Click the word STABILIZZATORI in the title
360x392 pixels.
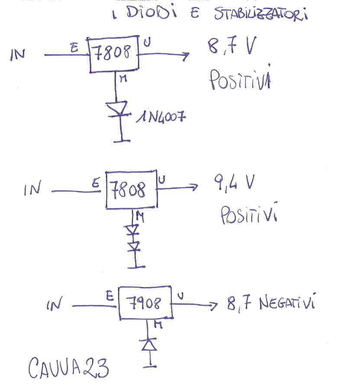[261, 13]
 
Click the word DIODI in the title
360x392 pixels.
[152, 12]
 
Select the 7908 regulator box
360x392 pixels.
[146, 303]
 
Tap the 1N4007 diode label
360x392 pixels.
[161, 117]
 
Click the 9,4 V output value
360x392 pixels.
[234, 183]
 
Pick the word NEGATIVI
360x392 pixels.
[287, 302]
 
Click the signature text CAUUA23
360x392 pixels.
[69, 367]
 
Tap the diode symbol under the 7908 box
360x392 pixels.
[149, 345]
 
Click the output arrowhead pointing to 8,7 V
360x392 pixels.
[186, 55]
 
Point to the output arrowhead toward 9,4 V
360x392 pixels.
[194, 187]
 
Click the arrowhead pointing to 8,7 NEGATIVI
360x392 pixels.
[213, 306]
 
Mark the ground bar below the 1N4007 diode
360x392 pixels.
[122, 141]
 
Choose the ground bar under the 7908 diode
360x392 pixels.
[150, 367]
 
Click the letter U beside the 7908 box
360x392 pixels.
[180, 296]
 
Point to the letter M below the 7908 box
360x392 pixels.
[158, 325]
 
